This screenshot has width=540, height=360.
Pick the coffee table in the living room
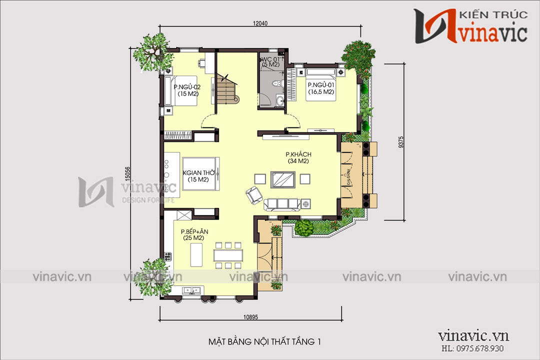coord(282,179)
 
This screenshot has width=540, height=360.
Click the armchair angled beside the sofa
coord(253,194)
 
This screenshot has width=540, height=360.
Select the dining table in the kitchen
coord(228,255)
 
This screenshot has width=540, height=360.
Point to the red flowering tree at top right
coord(358,55)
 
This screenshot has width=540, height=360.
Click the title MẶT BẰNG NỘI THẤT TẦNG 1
coord(263,342)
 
